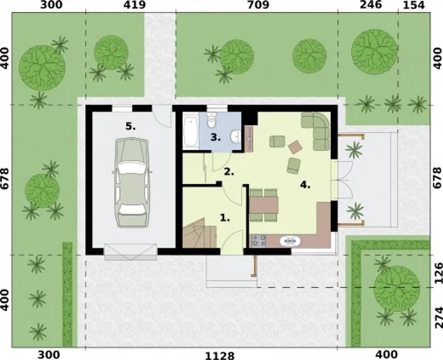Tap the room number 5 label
pos(130,126)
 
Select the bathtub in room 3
pos(191,131)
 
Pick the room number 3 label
pos(216,137)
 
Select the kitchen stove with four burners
pos(259,241)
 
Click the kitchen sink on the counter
pos(290,241)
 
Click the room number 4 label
pos(305,185)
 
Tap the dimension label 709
pos(258,5)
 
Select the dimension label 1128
pos(220,356)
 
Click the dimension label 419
pos(135,5)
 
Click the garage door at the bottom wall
pos(130,252)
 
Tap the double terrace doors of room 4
pos(342,179)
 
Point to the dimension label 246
pos(371,5)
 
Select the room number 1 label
pos(225,218)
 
